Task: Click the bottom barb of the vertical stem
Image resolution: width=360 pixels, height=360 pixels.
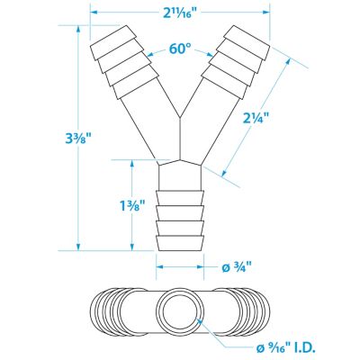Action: [x=180, y=243]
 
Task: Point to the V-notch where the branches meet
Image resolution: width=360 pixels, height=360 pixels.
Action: [x=180, y=117]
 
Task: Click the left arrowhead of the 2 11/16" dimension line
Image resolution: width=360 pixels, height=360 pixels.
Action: [x=93, y=13]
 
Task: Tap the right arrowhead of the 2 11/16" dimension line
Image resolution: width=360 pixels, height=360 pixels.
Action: [x=268, y=13]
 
